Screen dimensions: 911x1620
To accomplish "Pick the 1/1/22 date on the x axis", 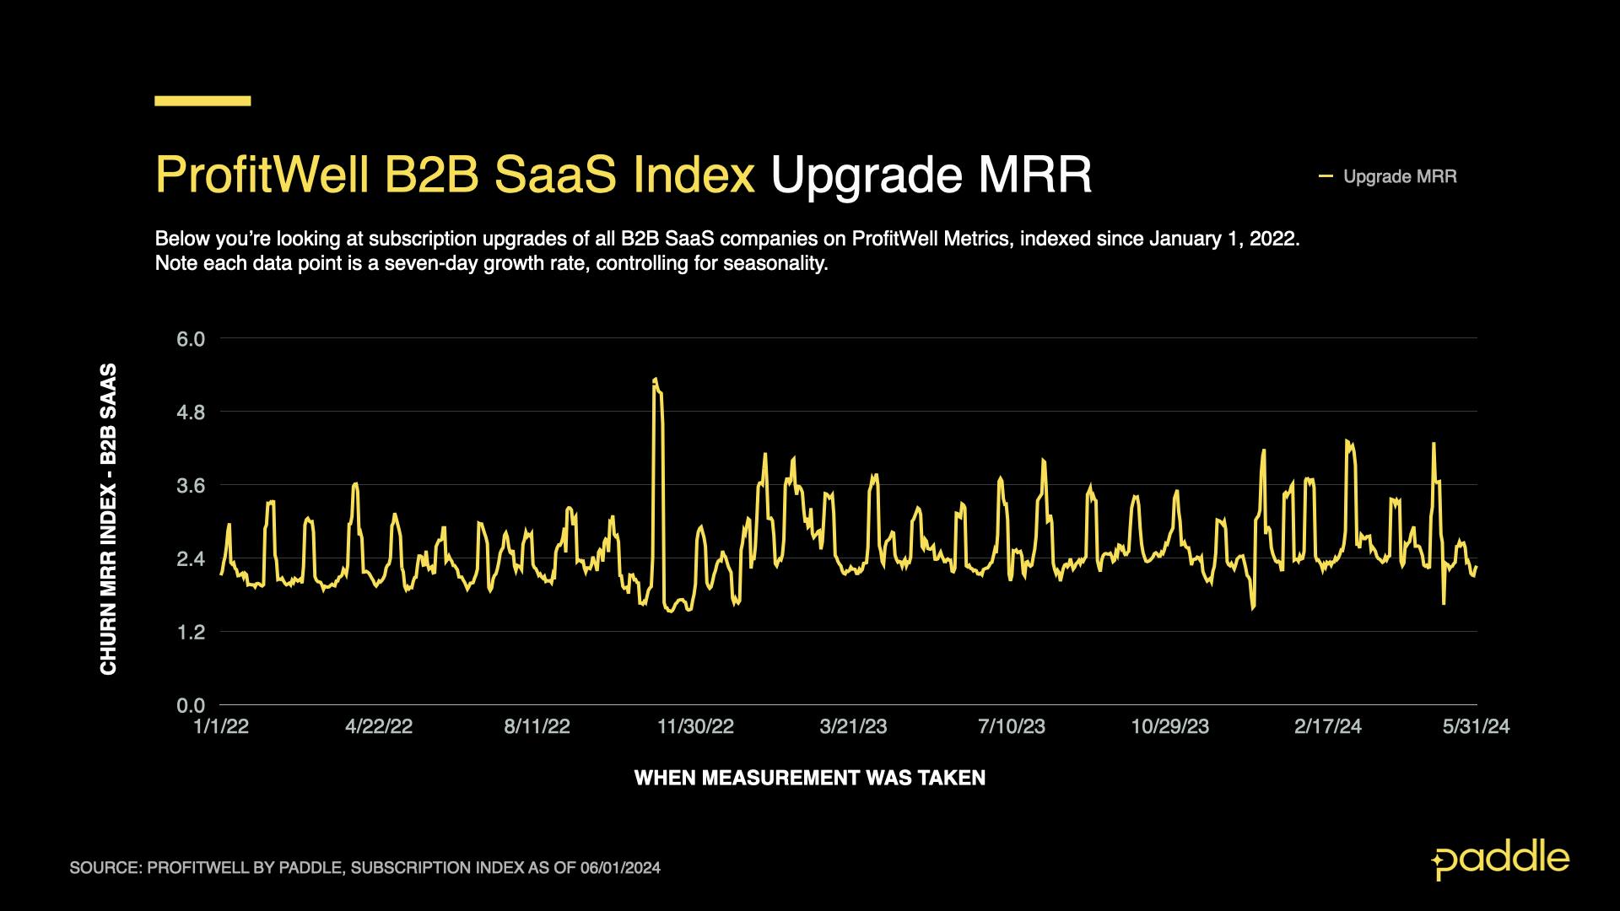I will (x=221, y=726).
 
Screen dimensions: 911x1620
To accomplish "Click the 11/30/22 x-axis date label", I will (x=695, y=726).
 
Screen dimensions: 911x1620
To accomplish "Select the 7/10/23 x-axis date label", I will (x=1011, y=726).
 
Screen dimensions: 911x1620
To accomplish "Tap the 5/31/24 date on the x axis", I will (x=1476, y=726).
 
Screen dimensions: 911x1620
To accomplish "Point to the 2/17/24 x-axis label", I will (x=1327, y=726).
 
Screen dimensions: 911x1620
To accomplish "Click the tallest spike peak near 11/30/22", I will (x=656, y=380).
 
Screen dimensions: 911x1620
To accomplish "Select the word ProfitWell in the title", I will (x=262, y=175).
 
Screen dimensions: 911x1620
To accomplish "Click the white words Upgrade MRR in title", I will (x=931, y=175).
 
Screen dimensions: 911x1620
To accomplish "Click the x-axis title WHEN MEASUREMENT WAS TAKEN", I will (x=809, y=778).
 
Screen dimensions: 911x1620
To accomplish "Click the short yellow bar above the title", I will (x=202, y=101).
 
